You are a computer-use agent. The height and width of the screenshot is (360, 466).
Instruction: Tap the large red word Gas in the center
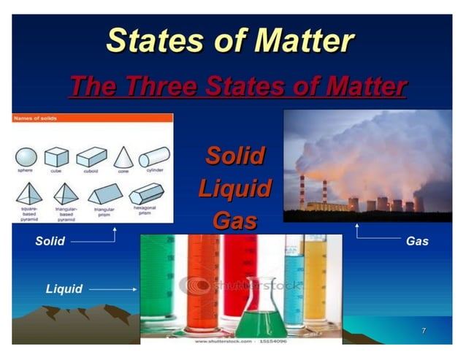(234, 219)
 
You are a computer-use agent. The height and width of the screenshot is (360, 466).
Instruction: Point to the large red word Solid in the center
(234, 156)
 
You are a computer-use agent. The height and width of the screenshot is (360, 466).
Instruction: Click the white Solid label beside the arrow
(50, 241)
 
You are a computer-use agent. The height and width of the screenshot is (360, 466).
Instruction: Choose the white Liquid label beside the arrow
(64, 289)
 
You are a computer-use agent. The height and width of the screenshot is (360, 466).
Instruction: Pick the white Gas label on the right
(416, 241)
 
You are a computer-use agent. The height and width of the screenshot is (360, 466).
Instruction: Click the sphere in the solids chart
(26, 157)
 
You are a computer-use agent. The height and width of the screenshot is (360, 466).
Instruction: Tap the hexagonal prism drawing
(146, 194)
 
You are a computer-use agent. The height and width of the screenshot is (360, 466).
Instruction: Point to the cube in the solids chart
(56, 157)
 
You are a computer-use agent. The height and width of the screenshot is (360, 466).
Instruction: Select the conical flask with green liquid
(256, 310)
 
